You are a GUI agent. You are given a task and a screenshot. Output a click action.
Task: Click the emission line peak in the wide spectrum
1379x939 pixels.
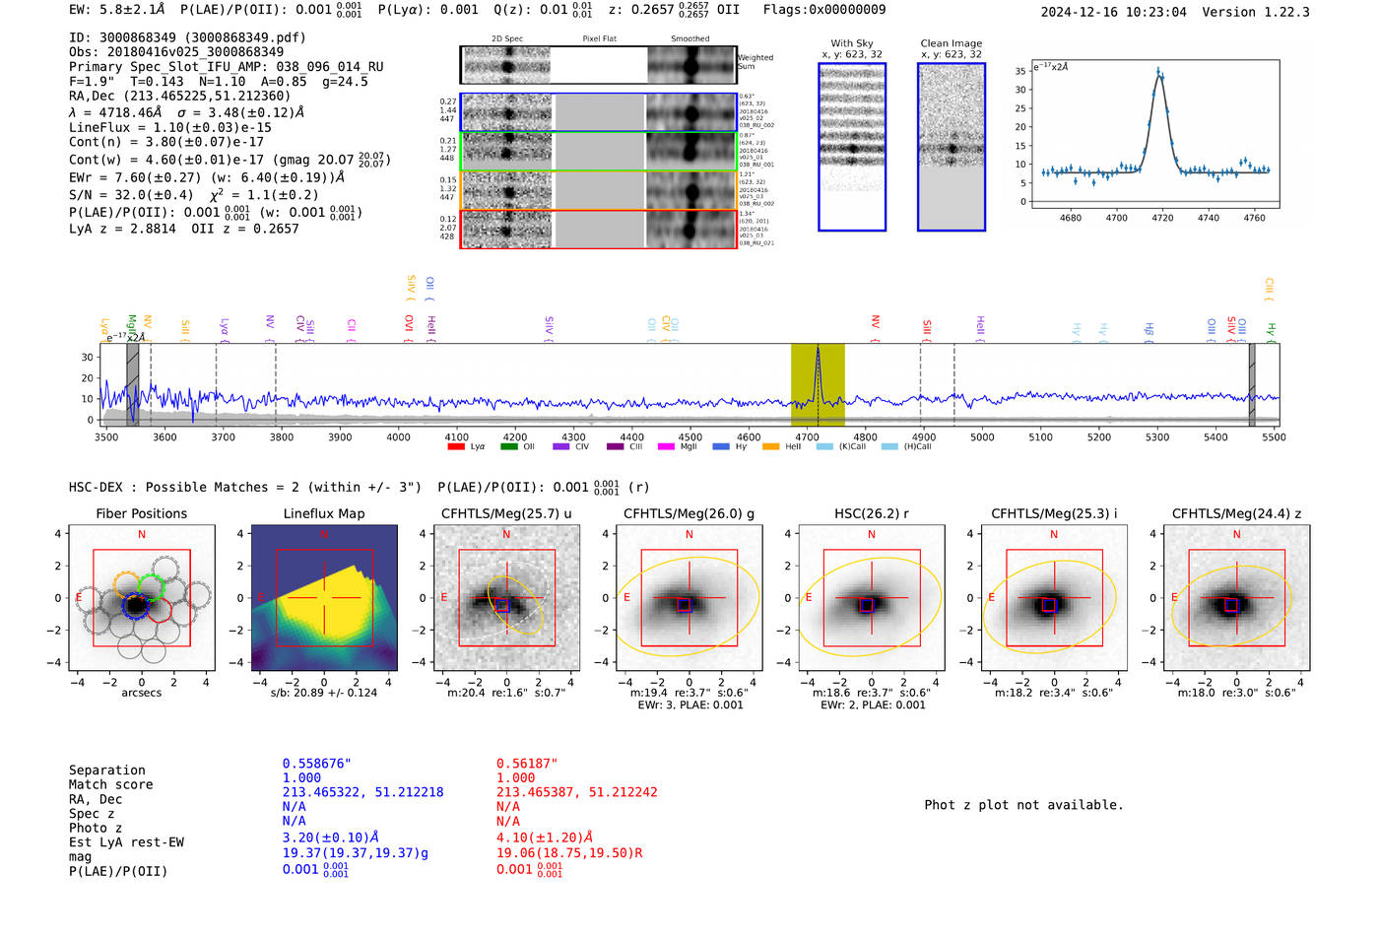point(818,351)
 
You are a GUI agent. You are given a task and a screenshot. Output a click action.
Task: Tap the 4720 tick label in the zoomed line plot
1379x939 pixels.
point(1162,218)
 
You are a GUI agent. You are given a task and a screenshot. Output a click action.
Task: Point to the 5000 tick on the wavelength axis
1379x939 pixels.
point(982,436)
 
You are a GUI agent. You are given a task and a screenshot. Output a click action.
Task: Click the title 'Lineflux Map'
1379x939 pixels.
point(323,513)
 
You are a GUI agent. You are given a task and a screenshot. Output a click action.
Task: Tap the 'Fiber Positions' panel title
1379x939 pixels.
point(141,513)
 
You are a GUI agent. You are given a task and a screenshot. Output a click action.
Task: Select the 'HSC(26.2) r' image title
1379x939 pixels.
point(871,513)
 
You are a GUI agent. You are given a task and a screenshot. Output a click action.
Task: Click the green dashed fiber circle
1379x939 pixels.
point(151,587)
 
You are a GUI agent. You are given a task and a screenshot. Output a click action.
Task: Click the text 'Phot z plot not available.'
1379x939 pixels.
point(1023,805)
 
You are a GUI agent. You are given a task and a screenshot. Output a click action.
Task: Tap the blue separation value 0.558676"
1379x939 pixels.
point(316,764)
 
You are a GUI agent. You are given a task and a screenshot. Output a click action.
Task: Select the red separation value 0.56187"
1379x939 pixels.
point(526,764)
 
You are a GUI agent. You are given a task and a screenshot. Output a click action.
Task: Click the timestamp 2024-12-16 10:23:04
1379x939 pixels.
point(1113,12)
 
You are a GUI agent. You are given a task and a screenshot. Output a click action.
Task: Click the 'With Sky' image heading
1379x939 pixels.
point(851,43)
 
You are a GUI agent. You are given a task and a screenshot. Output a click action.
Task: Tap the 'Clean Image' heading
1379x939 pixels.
point(951,43)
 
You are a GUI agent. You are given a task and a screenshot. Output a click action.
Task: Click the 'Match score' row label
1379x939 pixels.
point(110,784)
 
